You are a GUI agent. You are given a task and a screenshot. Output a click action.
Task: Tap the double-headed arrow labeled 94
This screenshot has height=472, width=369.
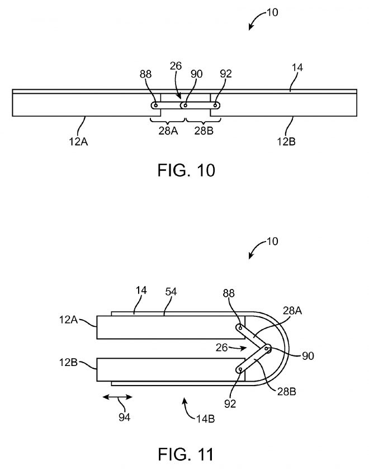click(117, 397)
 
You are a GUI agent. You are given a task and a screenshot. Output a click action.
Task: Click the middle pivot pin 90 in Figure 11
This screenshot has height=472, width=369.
click(267, 349)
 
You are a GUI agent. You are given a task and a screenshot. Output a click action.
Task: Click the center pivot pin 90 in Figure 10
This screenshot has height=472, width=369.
click(184, 104)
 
